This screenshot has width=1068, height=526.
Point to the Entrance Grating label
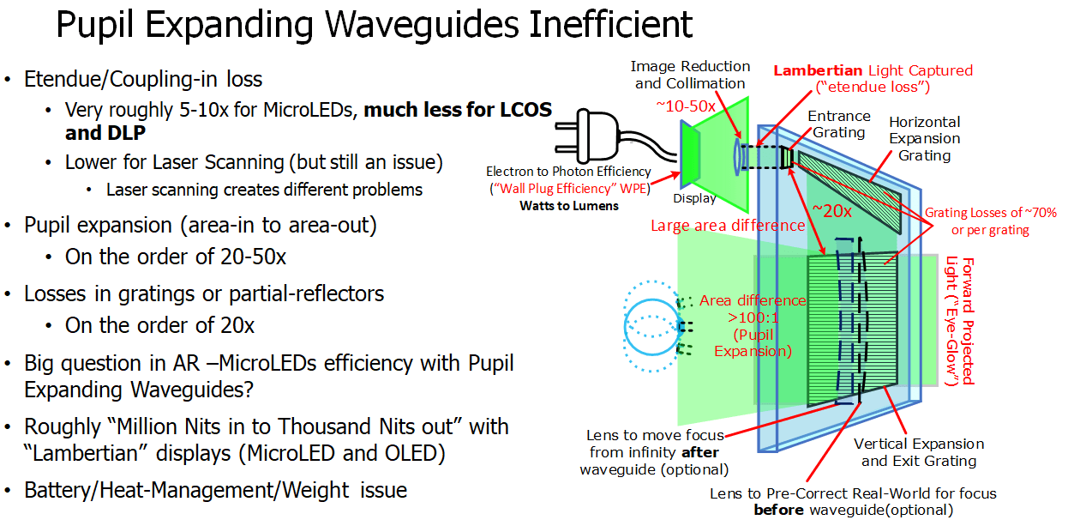tap(839, 124)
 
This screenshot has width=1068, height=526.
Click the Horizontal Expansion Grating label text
tap(924, 138)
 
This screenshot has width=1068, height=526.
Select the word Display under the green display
tap(693, 198)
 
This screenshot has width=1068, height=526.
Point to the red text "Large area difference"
tap(727, 226)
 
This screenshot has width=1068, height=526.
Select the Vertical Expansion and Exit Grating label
tap(919, 452)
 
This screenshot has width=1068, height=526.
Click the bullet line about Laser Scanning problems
tap(264, 190)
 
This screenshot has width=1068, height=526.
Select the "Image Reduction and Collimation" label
tap(690, 75)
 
